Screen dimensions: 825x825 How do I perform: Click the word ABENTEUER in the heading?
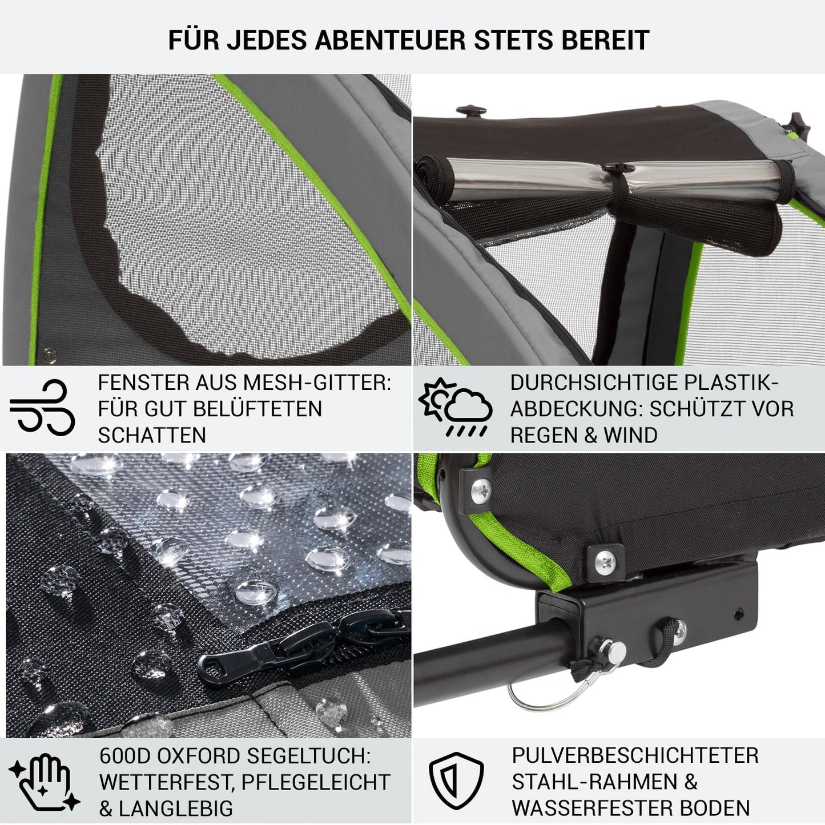tap(390, 40)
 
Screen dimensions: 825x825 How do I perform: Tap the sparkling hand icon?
tap(44, 782)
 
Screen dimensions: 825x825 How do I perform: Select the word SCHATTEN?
tap(152, 436)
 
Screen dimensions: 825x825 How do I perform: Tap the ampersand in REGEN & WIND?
tap(590, 436)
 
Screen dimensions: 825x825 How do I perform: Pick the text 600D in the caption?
tap(125, 756)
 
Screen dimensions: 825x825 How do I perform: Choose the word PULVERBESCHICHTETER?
tap(635, 755)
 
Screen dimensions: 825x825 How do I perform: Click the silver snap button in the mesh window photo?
tap(49, 356)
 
